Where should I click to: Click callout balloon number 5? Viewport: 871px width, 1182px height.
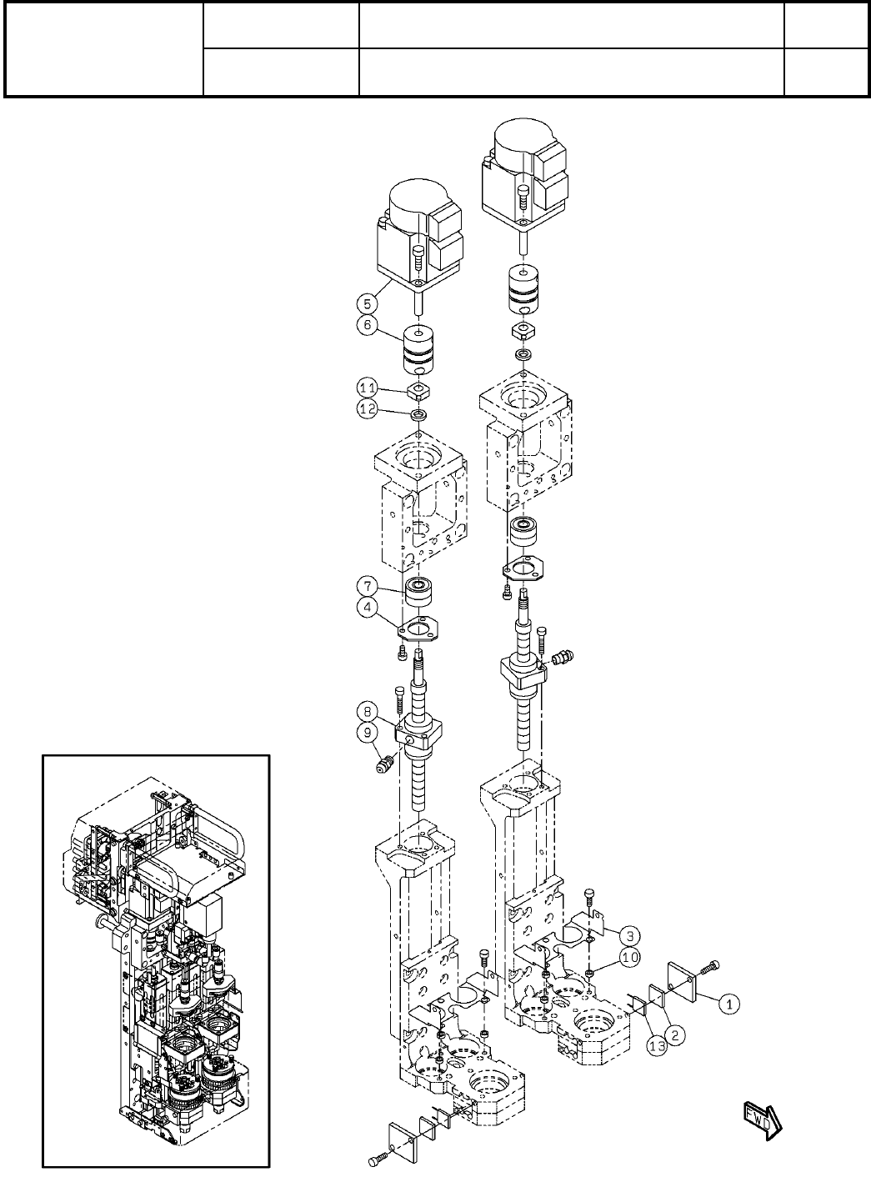click(x=368, y=303)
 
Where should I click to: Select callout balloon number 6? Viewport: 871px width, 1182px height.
click(x=368, y=324)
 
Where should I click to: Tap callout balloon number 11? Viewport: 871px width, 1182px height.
click(x=368, y=388)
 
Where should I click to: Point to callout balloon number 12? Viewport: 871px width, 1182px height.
click(x=368, y=408)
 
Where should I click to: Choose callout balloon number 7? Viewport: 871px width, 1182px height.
click(x=368, y=585)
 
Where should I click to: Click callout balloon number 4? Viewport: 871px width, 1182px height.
click(x=368, y=608)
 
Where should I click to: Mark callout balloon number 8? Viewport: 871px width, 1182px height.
click(x=368, y=711)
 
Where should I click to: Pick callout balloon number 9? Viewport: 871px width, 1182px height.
click(x=368, y=732)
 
